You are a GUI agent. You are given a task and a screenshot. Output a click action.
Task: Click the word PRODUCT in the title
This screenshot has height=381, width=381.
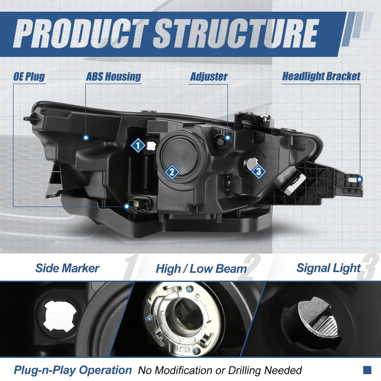pyautogui.click(x=81, y=34)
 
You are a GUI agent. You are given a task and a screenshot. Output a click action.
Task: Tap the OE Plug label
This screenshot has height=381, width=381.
pyautogui.click(x=29, y=77)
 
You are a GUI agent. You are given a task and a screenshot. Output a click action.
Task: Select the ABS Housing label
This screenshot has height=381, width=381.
pyautogui.click(x=113, y=77)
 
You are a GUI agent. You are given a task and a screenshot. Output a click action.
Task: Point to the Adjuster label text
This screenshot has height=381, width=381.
pyautogui.click(x=208, y=77)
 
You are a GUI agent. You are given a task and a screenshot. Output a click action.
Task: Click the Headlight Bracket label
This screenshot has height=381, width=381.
pyautogui.click(x=321, y=76)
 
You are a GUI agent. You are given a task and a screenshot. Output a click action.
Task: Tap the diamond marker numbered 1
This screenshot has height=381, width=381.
pyautogui.click(x=138, y=146)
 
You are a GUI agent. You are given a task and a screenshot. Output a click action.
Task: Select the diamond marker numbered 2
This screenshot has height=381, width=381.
pyautogui.click(x=172, y=172)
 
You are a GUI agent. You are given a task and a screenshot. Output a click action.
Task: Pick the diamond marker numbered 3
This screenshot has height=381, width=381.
pyautogui.click(x=258, y=171)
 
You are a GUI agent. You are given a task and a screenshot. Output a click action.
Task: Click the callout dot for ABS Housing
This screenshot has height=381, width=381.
pyautogui.click(x=86, y=138)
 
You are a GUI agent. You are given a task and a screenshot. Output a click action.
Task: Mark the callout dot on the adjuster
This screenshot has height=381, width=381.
pyautogui.click(x=227, y=138)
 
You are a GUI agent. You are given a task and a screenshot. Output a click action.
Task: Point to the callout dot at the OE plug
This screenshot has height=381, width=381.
pyautogui.click(x=127, y=207)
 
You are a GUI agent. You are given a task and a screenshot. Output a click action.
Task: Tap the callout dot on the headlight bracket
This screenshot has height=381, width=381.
pyautogui.click(x=360, y=179)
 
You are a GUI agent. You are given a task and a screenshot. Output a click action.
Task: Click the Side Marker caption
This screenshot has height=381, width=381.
pyautogui.click(x=67, y=268)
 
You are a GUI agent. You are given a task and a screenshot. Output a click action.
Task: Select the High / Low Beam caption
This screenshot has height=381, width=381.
pyautogui.click(x=201, y=269)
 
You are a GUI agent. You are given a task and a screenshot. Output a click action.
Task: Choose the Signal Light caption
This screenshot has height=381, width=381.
pyautogui.click(x=328, y=268)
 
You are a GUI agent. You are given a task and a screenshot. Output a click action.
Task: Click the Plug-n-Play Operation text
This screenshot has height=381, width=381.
pyautogui.click(x=73, y=370)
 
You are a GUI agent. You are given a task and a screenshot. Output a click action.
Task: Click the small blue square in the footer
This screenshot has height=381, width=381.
pyautogui.click(x=367, y=370)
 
